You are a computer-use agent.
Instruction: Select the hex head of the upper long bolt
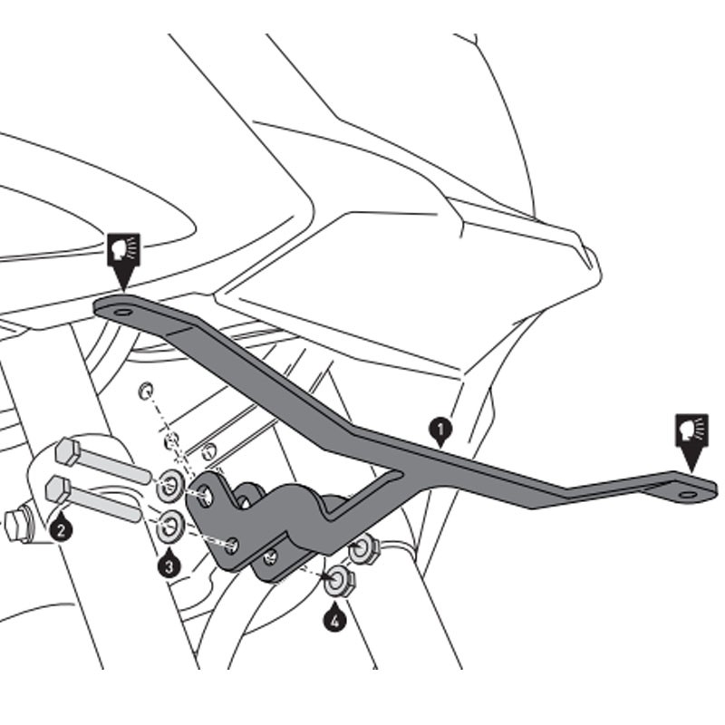tap(68, 451)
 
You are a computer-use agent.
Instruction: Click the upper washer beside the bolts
tap(169, 488)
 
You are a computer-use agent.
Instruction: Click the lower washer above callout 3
tap(170, 525)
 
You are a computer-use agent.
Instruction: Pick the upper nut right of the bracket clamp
tap(363, 548)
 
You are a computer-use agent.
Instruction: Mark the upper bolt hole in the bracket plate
tap(208, 495)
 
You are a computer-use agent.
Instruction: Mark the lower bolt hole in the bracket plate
tap(233, 544)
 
